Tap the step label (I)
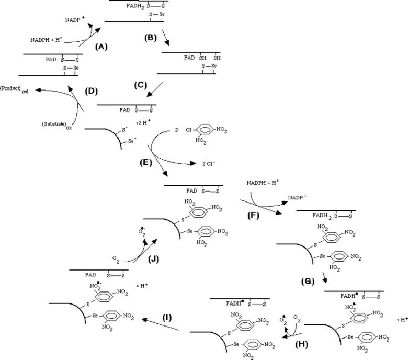pos(167,317)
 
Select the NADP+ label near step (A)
pos(74,20)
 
